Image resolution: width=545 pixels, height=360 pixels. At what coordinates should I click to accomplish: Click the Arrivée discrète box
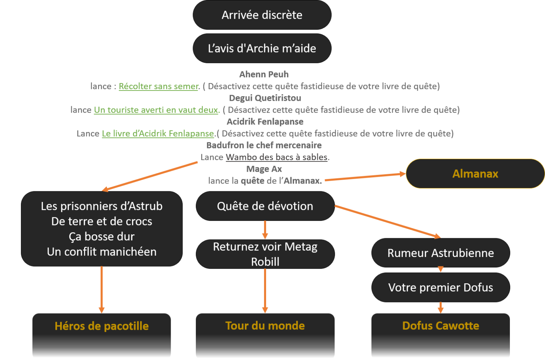click(x=262, y=15)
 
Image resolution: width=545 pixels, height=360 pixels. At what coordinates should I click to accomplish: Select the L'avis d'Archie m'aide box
click(x=262, y=48)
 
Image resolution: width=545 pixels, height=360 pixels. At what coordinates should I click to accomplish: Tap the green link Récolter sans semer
click(x=158, y=86)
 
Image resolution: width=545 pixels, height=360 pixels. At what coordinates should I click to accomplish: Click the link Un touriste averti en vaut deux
click(x=156, y=110)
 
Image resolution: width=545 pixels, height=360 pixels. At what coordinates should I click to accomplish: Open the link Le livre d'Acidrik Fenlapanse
click(x=158, y=133)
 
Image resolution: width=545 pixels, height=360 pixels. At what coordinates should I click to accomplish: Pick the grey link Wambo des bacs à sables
click(x=276, y=157)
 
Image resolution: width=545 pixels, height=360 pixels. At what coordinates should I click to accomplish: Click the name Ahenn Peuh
click(x=264, y=74)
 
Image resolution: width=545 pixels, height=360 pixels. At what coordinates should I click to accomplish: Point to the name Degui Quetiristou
click(x=265, y=98)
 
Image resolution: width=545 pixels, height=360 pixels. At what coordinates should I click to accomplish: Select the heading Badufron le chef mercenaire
click(x=264, y=145)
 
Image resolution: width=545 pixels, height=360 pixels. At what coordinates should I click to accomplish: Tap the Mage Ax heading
click(x=264, y=169)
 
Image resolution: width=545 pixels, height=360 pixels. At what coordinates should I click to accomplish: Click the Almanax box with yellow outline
click(x=475, y=174)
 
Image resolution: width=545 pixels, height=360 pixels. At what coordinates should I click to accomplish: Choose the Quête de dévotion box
click(x=265, y=206)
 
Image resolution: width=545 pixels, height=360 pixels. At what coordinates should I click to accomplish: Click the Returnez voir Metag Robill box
click(x=265, y=254)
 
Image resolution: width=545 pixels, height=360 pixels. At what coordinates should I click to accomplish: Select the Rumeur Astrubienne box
click(x=440, y=253)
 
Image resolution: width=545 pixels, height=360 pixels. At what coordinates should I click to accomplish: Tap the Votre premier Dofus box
click(x=440, y=287)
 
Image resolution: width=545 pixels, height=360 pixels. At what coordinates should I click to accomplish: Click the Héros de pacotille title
click(x=101, y=326)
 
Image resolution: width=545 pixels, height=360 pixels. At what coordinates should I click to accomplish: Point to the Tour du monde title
click(x=265, y=326)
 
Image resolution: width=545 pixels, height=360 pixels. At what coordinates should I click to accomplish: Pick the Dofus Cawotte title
click(x=440, y=326)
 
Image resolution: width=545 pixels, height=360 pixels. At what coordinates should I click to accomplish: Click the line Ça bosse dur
click(x=101, y=236)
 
